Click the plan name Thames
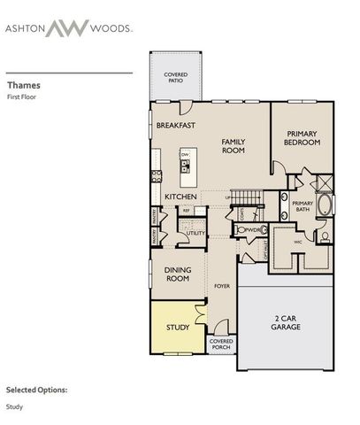pos(24,87)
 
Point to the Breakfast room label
pos(175,127)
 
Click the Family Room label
pos(233,146)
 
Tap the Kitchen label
pos(180,197)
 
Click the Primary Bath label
pos(303,206)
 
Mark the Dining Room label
pos(179,274)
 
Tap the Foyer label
pos(222,286)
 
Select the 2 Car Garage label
pos(286,323)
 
